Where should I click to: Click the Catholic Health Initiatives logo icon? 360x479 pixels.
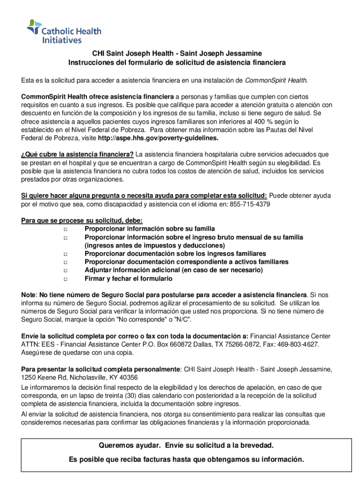pyautogui.click(x=34, y=27)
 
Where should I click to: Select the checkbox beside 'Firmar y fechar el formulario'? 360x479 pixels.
pyautogui.click(x=65, y=279)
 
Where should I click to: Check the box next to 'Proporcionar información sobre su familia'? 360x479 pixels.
pyautogui.click(x=65, y=229)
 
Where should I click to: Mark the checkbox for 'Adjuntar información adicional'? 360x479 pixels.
pyautogui.click(x=65, y=270)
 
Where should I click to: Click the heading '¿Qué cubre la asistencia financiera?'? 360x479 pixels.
pyautogui.click(x=78, y=154)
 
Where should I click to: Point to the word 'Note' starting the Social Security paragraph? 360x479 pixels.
pyautogui.click(x=29, y=295)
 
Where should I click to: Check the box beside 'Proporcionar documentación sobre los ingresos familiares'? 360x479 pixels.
pyautogui.click(x=65, y=254)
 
